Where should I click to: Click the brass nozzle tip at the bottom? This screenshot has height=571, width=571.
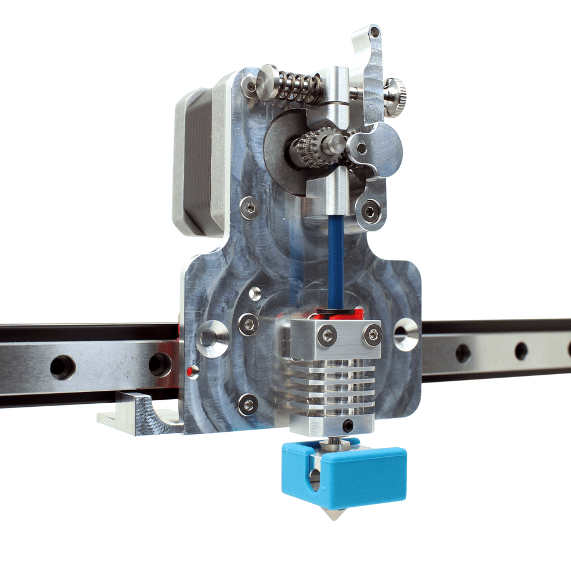click(x=335, y=514)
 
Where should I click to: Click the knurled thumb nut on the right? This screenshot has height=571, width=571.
click(x=393, y=95)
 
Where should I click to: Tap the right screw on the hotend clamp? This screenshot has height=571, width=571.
click(x=374, y=334)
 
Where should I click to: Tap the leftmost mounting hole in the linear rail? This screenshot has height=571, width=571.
click(x=62, y=366)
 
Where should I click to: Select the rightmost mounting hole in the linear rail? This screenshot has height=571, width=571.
click(x=521, y=351)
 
